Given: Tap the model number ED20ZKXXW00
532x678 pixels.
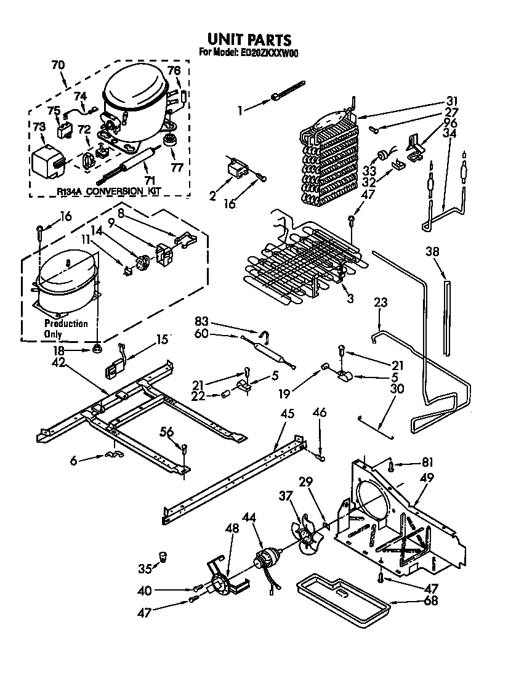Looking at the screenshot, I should point(269,54).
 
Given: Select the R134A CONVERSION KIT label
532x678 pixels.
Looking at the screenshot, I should point(108,192).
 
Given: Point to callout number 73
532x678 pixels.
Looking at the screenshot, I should point(39,126).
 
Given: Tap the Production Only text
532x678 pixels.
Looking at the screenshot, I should point(65,329).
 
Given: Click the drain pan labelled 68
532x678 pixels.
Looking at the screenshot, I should point(343,593).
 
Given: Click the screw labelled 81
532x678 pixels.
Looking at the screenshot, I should point(392,466).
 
